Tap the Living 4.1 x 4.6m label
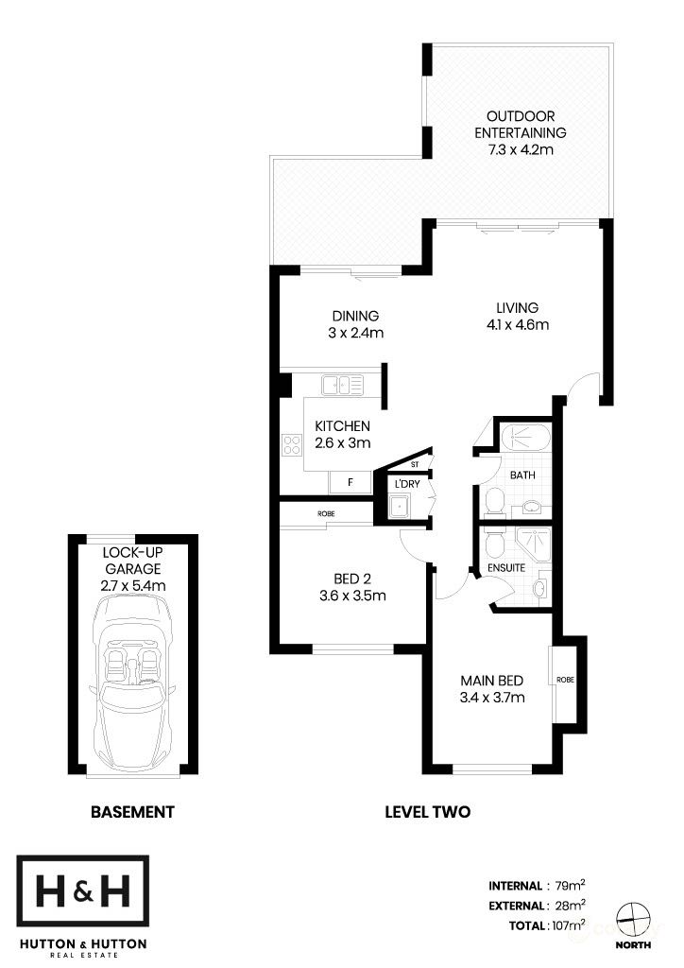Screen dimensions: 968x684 [x=516, y=316]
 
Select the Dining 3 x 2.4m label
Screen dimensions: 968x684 [x=354, y=324]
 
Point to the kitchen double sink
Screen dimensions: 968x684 [x=342, y=384]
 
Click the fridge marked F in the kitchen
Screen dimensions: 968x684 [x=351, y=482]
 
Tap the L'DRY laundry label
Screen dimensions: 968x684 [x=409, y=484]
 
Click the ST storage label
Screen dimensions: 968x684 [x=414, y=464]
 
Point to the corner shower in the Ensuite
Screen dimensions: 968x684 [x=535, y=545]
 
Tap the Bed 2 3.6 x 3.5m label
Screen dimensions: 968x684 [x=353, y=587]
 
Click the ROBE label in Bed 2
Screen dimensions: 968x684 [x=327, y=515]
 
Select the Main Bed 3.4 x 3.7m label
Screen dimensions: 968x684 [x=491, y=689]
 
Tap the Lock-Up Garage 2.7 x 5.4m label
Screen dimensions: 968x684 [x=133, y=569]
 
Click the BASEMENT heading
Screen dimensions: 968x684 [x=132, y=811]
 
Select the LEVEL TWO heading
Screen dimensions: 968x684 [x=427, y=811]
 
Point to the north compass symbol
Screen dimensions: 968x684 [x=632, y=916]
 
